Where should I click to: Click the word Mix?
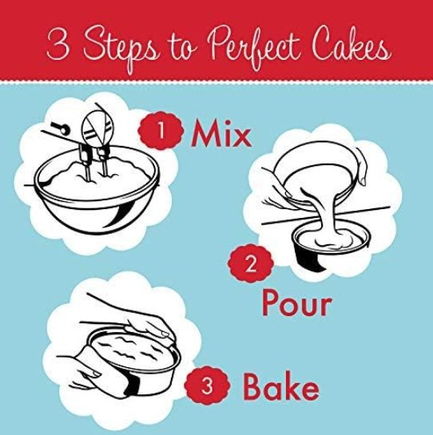click(221, 133)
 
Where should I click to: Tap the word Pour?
click(296, 303)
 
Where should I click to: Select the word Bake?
click(280, 386)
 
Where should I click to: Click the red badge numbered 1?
click(161, 130)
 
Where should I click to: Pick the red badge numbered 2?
click(251, 263)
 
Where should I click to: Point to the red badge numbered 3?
click(207, 387)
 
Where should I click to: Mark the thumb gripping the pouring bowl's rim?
click(363, 168)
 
